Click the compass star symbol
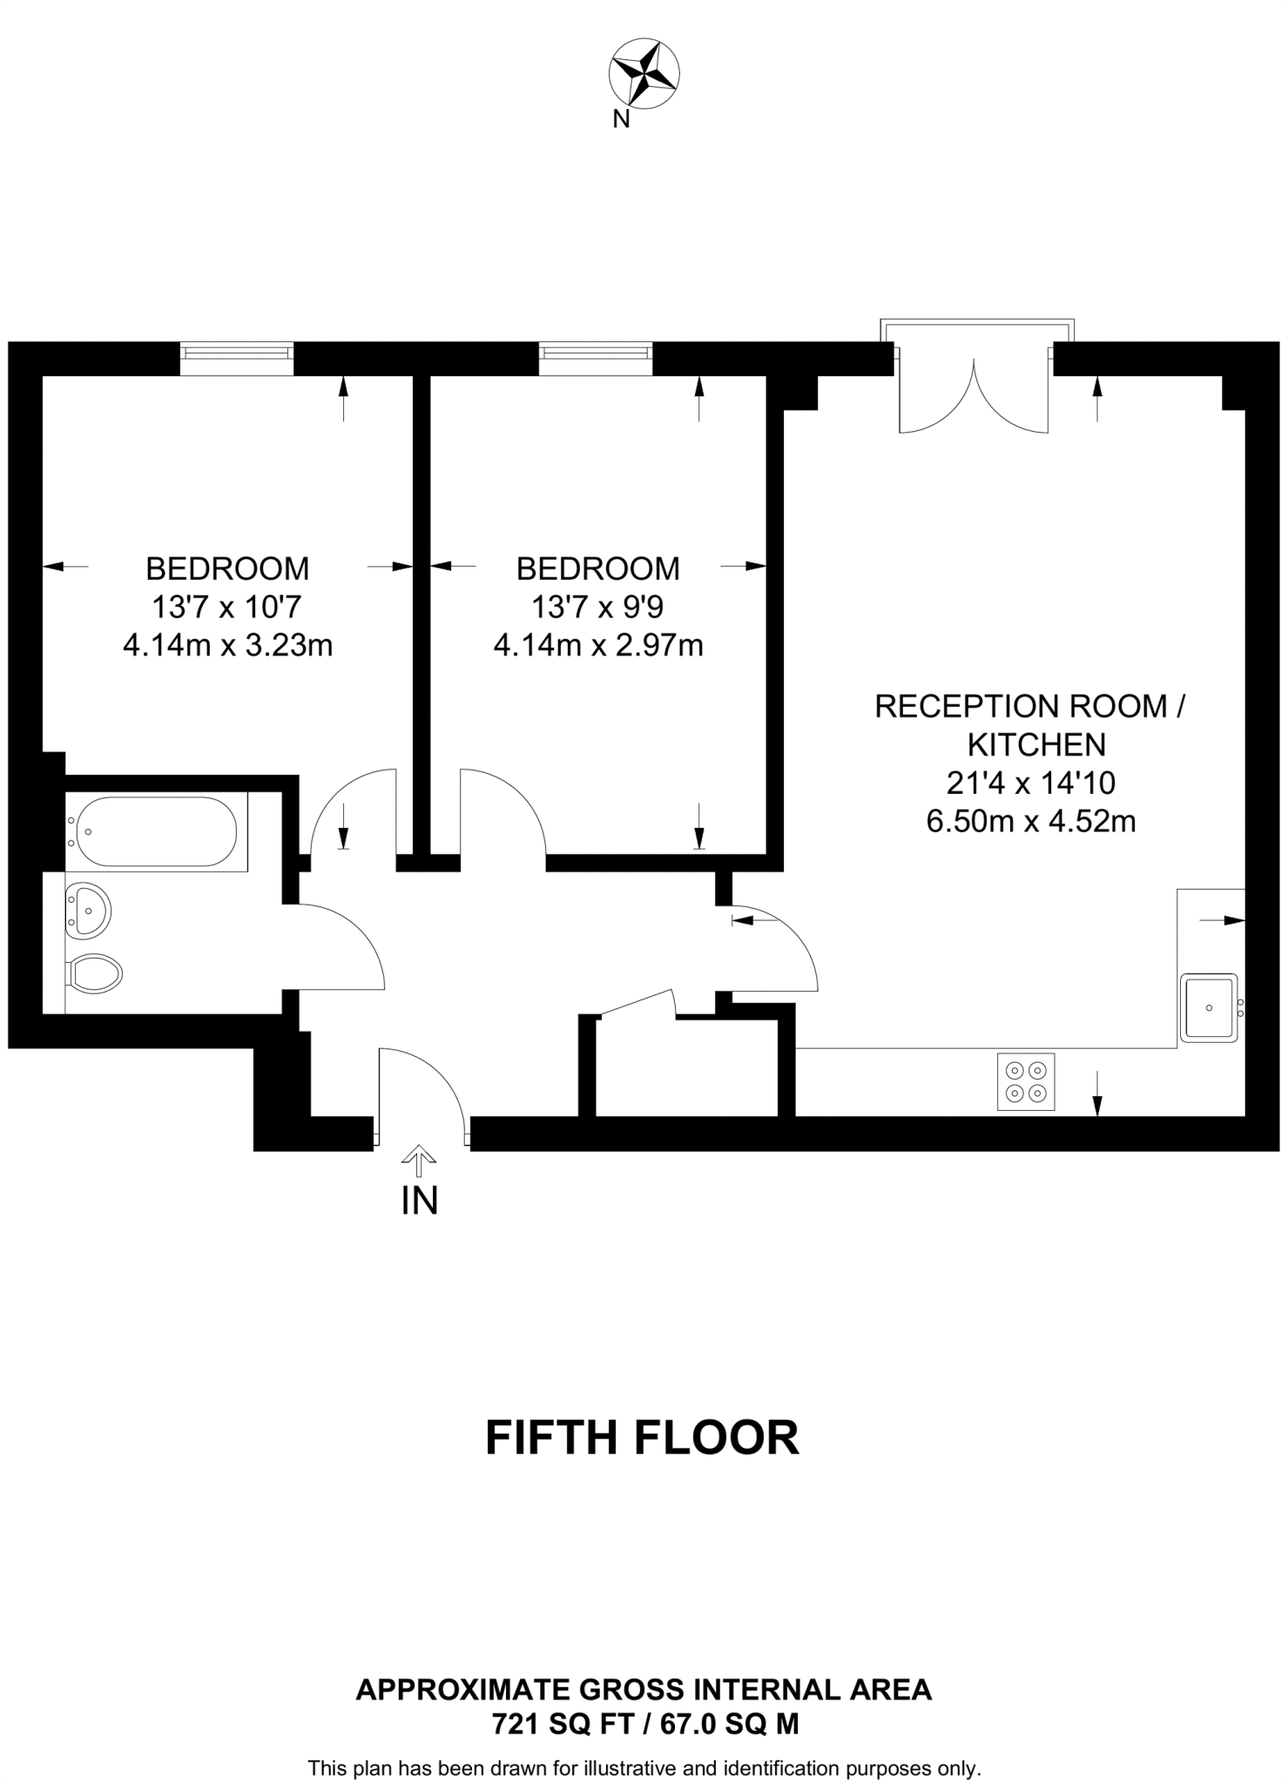point(645,74)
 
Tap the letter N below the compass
point(621,120)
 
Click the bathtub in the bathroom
point(156,831)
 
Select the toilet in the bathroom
point(95,973)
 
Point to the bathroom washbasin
point(88,910)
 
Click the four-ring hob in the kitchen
point(1025,1082)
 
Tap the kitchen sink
point(1209,1008)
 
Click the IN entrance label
point(419,1201)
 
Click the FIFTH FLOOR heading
point(642,1437)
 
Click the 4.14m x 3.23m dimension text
point(227,646)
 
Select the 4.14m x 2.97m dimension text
point(598,646)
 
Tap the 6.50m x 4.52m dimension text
point(1030,821)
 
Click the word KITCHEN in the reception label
point(1036,744)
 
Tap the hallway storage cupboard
point(686,1069)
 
